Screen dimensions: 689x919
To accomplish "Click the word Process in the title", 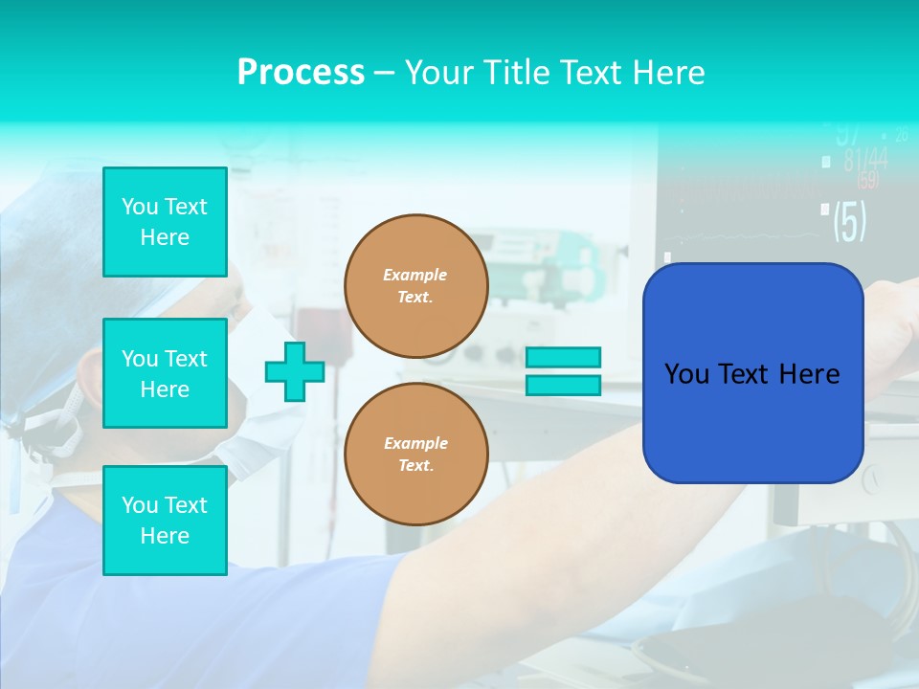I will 301,73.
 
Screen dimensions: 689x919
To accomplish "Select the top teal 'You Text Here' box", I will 165,222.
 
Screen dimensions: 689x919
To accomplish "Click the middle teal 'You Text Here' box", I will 165,373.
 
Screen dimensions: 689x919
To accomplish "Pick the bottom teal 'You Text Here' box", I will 165,521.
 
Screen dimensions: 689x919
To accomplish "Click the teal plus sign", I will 295,371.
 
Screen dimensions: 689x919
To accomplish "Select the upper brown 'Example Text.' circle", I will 415,285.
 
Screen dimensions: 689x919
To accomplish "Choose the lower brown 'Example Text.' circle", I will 415,454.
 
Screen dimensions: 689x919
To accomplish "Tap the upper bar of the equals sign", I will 563,357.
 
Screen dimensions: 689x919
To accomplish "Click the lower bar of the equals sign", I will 563,386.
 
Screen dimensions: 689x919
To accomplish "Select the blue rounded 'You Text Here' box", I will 752,373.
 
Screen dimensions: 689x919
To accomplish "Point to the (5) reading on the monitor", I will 849,221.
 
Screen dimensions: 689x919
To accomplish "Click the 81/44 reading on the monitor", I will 864,160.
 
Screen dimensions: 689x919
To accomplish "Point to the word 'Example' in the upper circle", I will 415,275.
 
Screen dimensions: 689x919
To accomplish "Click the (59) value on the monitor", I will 867,181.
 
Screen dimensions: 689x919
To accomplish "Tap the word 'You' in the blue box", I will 686,373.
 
